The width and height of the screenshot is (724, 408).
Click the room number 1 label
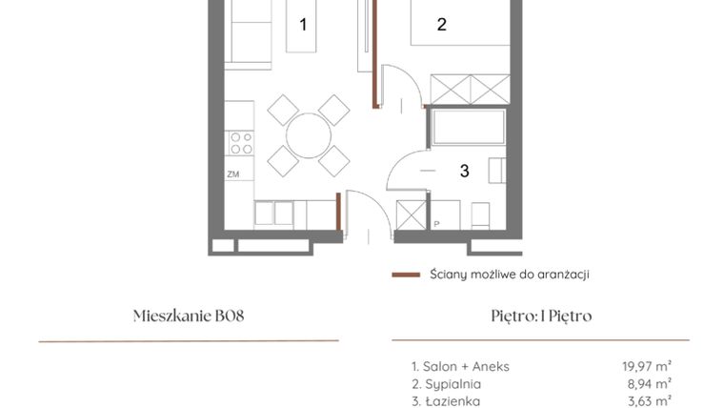(x=303, y=25)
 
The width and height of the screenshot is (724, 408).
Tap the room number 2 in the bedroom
(x=441, y=25)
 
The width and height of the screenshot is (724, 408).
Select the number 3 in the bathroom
(x=464, y=172)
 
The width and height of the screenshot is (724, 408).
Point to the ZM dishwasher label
(x=232, y=175)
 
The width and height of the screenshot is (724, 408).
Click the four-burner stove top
(x=241, y=143)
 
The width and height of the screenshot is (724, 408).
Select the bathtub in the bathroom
(x=467, y=129)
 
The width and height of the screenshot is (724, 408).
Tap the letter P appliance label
(x=436, y=225)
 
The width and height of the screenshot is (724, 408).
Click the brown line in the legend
(x=406, y=275)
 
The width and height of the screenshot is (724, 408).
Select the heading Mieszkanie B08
(x=189, y=316)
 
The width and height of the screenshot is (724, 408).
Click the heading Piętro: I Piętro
(x=540, y=316)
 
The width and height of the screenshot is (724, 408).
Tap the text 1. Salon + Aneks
(x=461, y=366)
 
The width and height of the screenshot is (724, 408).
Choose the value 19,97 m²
(x=646, y=366)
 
